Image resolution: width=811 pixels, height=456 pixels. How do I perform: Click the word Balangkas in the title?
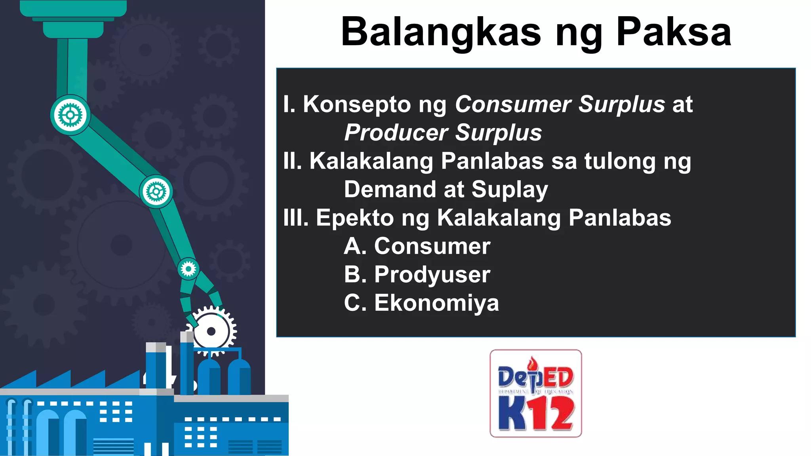(x=440, y=32)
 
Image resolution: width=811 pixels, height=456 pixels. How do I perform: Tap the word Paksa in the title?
(x=674, y=32)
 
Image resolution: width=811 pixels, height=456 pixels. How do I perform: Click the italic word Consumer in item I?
(x=513, y=104)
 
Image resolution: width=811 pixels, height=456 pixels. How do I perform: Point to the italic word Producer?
(x=396, y=133)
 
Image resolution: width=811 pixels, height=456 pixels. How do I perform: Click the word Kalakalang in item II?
(x=371, y=161)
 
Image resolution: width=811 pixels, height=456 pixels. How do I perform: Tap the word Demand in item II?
(x=390, y=190)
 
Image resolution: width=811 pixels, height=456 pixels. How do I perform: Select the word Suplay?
(x=510, y=190)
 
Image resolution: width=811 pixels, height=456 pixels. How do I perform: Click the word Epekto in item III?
(x=354, y=218)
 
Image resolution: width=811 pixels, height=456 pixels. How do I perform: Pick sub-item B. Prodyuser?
(x=417, y=274)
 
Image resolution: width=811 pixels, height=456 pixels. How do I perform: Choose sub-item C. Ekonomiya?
(x=421, y=303)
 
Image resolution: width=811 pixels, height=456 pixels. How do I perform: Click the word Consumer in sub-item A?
(x=432, y=246)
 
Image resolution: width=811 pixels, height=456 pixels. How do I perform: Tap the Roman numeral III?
(x=296, y=218)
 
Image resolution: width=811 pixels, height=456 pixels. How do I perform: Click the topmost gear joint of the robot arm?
(x=70, y=115)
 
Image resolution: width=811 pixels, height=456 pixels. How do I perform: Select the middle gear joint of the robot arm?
(x=156, y=192)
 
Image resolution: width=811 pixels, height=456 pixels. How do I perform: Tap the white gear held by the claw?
(x=212, y=331)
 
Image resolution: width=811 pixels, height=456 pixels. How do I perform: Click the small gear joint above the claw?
(x=188, y=269)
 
